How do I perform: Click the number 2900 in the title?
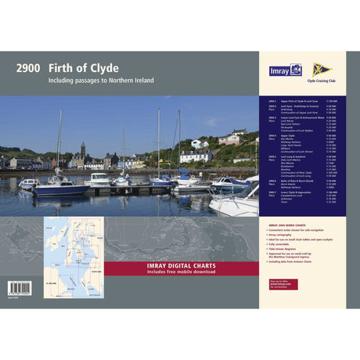coord(27,68)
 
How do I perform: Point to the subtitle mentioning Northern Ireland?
coord(101,81)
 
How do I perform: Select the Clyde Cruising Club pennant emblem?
coord(322,69)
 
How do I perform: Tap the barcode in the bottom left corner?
coord(20,287)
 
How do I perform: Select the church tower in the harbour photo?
coord(82,149)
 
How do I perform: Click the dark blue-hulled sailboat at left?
coord(61,188)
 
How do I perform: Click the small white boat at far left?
coord(30,184)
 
